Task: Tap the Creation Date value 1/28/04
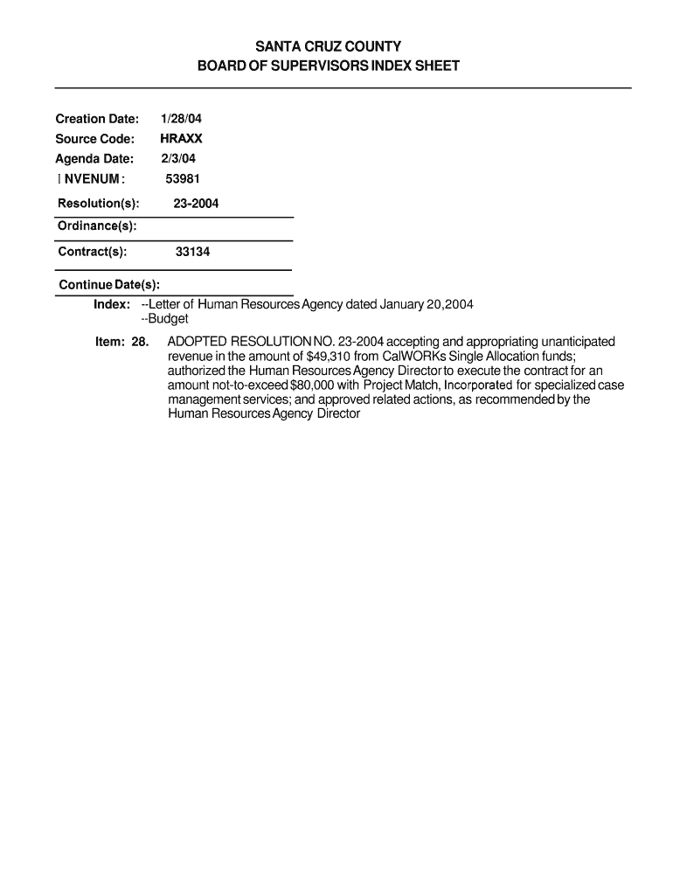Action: click(x=181, y=119)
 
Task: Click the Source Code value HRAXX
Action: click(x=181, y=139)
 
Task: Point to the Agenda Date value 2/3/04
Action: click(x=178, y=159)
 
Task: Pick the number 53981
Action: click(x=184, y=179)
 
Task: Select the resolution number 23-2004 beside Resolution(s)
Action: click(x=196, y=204)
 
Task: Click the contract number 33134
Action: click(x=192, y=252)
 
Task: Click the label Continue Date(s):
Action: click(x=109, y=285)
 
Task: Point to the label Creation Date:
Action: click(x=97, y=119)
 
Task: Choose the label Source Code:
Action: click(x=94, y=139)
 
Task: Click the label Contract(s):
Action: click(x=93, y=252)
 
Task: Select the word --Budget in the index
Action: click(x=164, y=319)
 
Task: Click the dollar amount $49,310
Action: click(x=332, y=357)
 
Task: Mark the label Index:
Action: click(x=112, y=304)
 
